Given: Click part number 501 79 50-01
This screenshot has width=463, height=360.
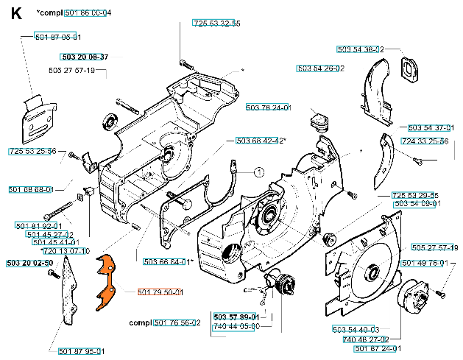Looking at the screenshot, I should (x=160, y=292).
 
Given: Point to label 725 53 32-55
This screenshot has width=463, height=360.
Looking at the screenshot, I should (x=216, y=24).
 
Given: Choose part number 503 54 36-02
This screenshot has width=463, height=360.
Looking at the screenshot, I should (x=360, y=49).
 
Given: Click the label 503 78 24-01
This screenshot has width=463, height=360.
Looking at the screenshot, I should (x=269, y=107).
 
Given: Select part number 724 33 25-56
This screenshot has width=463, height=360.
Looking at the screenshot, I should (x=425, y=141).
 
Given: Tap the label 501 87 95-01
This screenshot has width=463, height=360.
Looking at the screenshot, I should (x=81, y=350).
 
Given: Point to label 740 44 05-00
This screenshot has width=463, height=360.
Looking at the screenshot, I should (x=236, y=325).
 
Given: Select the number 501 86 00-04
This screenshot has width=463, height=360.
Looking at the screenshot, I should (x=88, y=13).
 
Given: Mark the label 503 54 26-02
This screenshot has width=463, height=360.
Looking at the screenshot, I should (x=321, y=68).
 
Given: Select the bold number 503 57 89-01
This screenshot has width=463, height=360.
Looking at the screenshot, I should (x=236, y=317).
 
